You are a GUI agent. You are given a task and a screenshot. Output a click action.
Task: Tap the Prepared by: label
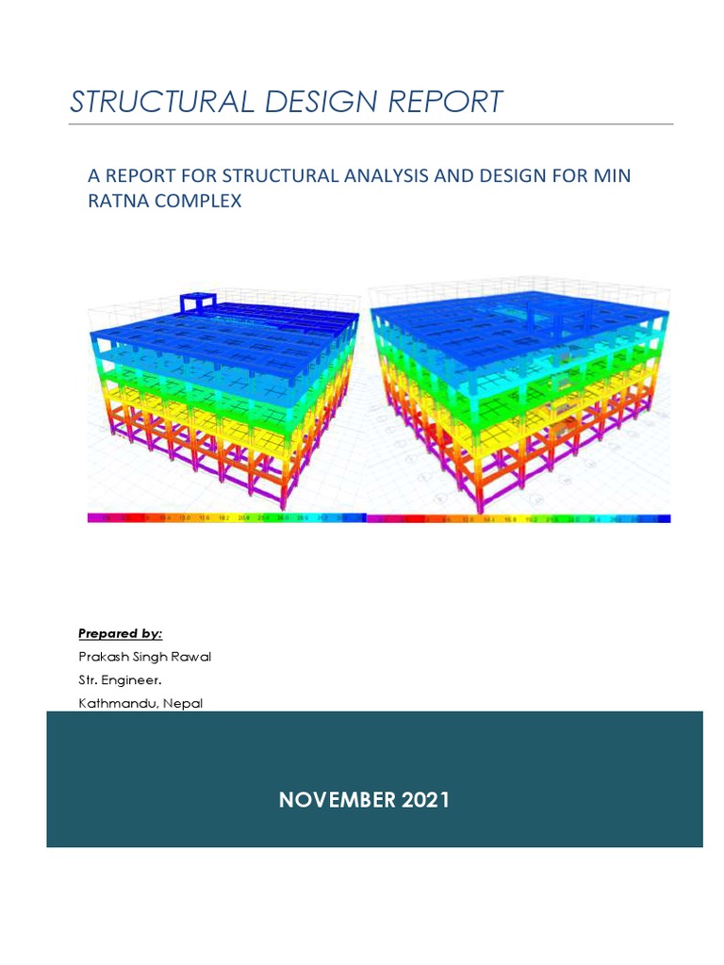pyautogui.click(x=120, y=633)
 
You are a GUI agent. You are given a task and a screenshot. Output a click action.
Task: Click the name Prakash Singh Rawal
pyautogui.click(x=144, y=657)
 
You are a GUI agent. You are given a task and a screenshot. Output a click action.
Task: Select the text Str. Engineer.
pyautogui.click(x=113, y=679)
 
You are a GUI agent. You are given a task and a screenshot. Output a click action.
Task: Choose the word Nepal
pyautogui.click(x=182, y=703)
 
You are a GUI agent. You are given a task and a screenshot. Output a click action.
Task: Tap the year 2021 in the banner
pyautogui.click(x=425, y=800)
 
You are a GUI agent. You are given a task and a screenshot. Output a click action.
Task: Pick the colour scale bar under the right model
pyautogui.click(x=518, y=517)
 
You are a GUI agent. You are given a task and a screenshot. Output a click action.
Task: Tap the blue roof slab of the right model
pyautogui.click(x=518, y=320)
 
